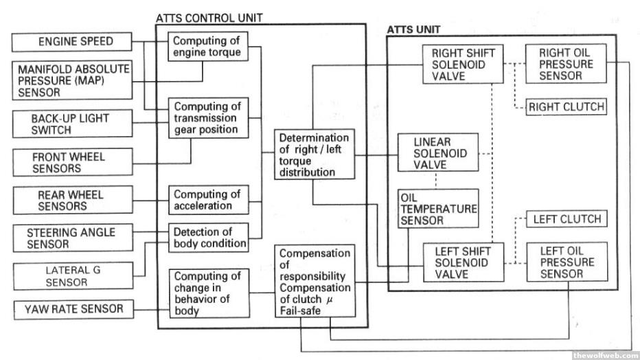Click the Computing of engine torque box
(x=207, y=46)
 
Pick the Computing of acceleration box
(x=207, y=200)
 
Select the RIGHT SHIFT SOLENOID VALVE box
(x=458, y=65)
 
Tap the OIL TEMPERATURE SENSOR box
(x=437, y=209)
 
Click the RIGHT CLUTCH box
(x=566, y=106)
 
